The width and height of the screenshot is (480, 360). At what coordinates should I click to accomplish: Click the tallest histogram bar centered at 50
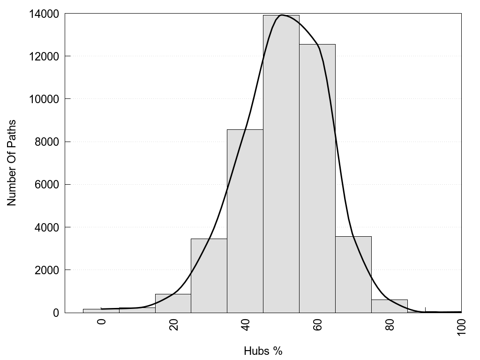pyautogui.click(x=281, y=164)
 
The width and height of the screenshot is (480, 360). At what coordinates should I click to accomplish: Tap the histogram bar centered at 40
pyautogui.click(x=245, y=221)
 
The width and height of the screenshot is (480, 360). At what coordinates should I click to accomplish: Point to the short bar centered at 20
pyautogui.click(x=172, y=303)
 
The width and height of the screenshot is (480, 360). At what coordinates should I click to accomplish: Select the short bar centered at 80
pyautogui.click(x=389, y=306)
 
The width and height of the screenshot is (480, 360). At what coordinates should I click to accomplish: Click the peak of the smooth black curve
pyautogui.click(x=281, y=15)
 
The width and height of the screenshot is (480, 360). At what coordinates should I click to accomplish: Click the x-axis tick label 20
pyautogui.click(x=173, y=325)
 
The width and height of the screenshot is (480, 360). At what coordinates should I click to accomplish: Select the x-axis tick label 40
pyautogui.click(x=245, y=325)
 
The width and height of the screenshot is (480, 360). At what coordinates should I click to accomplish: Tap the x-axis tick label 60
pyautogui.click(x=317, y=325)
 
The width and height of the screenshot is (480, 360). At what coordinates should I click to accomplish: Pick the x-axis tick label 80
pyautogui.click(x=390, y=325)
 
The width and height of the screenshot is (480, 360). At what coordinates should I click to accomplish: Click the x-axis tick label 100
pyautogui.click(x=461, y=327)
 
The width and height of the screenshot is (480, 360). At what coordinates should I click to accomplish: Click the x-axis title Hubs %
pyautogui.click(x=263, y=351)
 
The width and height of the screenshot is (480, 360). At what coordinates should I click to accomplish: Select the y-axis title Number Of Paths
pyautogui.click(x=12, y=163)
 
